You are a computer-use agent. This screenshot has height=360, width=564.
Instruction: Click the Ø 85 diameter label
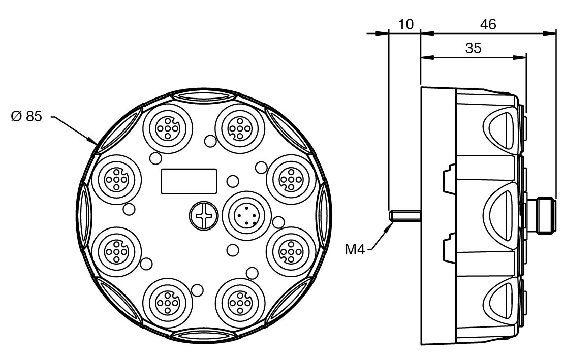[x=26, y=117]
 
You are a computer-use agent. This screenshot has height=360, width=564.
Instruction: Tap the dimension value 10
[x=406, y=24]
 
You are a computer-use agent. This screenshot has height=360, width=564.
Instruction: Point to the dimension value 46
[x=487, y=24]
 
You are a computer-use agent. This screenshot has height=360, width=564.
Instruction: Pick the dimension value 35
[x=473, y=48]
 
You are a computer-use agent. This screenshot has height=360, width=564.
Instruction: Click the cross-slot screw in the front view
[x=203, y=217]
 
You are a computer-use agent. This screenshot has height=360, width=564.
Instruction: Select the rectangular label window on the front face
[x=189, y=181]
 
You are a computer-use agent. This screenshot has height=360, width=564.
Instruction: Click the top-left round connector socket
[x=167, y=129]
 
